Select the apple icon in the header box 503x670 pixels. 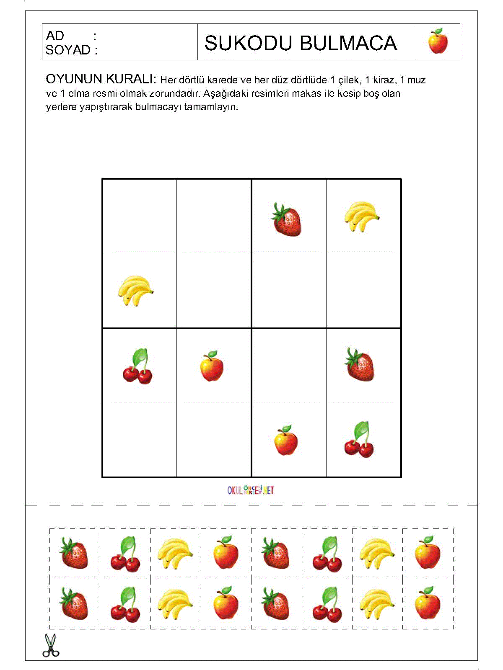point(438,41)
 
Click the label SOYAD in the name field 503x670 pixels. point(68,50)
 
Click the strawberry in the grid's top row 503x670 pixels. point(287,219)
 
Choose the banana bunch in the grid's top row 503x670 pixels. point(361,216)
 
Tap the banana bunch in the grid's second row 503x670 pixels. point(135,290)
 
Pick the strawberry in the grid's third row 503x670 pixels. point(360,365)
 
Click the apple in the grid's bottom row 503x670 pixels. point(286,441)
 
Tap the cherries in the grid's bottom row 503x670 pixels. point(360,440)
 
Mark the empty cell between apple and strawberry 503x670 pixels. point(289,366)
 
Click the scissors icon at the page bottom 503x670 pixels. point(51,646)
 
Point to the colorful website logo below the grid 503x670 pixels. point(251,490)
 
